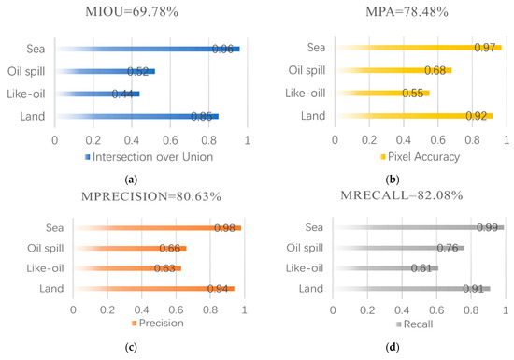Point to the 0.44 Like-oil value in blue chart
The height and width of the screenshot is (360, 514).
pyautogui.click(x=122, y=94)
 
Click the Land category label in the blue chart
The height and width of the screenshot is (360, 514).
pyautogui.click(x=33, y=116)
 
